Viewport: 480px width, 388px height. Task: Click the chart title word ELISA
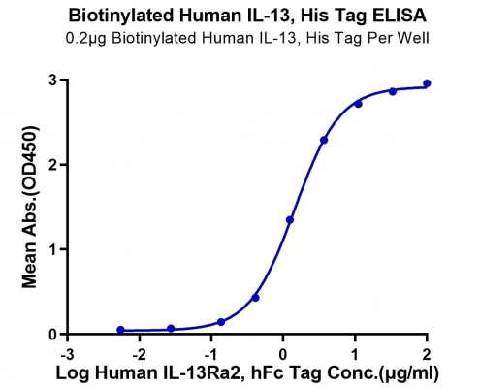pyautogui.click(x=400, y=16)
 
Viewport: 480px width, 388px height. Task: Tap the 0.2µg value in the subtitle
pyautogui.click(x=86, y=38)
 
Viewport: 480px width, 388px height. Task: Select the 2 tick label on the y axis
pyautogui.click(x=53, y=165)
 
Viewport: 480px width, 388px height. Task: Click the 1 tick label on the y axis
pyautogui.click(x=53, y=249)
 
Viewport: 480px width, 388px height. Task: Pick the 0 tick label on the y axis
pyautogui.click(x=53, y=334)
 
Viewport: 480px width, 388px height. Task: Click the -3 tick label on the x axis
pyautogui.click(x=67, y=355)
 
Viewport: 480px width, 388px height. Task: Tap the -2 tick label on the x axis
pyautogui.click(x=139, y=355)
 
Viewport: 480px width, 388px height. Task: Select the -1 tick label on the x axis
pyautogui.click(x=210, y=355)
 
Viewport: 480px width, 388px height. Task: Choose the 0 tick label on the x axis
pyautogui.click(x=283, y=355)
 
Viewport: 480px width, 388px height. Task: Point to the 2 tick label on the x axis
pyautogui.click(x=427, y=355)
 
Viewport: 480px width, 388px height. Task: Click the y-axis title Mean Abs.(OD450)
pyautogui.click(x=30, y=207)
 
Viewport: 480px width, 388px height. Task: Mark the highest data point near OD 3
pyautogui.click(x=427, y=83)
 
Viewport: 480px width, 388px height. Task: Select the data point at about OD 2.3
pyautogui.click(x=324, y=140)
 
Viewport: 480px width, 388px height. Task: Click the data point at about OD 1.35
pyautogui.click(x=290, y=220)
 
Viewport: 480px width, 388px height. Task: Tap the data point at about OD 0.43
pyautogui.click(x=255, y=298)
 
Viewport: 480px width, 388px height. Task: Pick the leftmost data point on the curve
pyautogui.click(x=120, y=330)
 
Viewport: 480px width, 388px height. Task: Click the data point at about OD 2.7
pyautogui.click(x=358, y=104)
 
